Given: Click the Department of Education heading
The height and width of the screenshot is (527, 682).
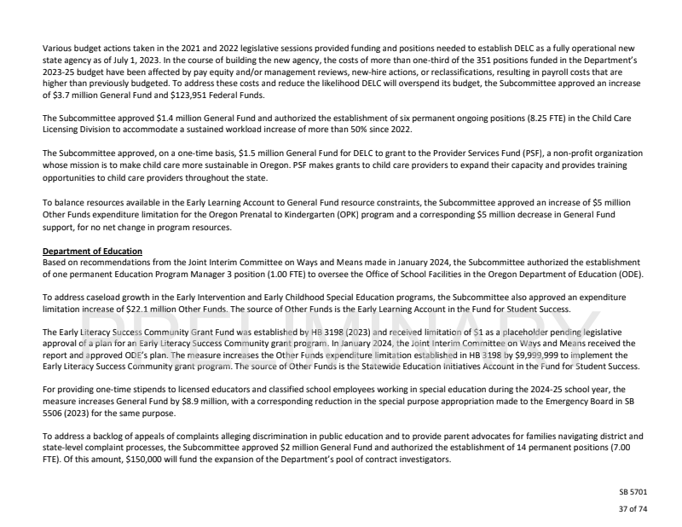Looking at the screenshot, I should (92, 249).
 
